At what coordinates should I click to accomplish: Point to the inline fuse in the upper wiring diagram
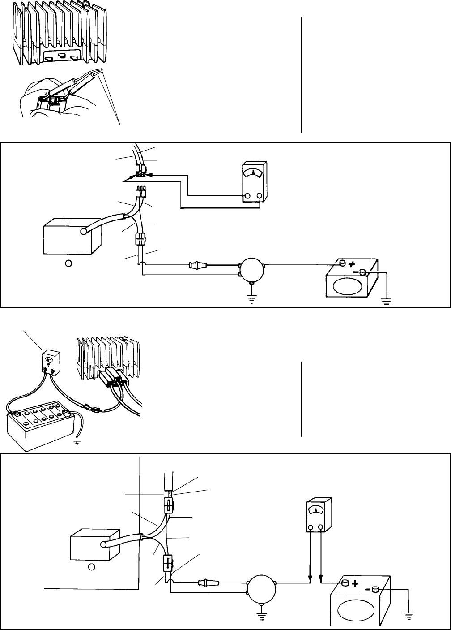tap(196, 265)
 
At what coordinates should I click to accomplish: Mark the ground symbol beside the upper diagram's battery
tap(387, 301)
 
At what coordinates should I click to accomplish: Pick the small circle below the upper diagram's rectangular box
tap(68, 263)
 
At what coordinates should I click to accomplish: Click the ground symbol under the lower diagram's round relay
tap(261, 619)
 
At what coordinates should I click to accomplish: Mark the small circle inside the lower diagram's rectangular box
tap(91, 566)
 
